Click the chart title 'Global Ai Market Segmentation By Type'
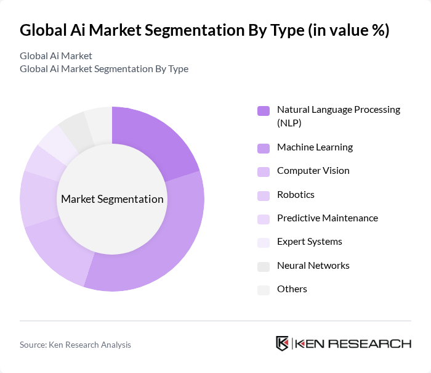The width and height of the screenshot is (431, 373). [x=204, y=30]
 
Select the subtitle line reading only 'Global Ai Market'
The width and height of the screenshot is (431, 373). [x=56, y=56]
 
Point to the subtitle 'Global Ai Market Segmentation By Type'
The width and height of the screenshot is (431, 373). [x=104, y=68]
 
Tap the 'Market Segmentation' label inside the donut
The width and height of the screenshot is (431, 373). [x=112, y=199]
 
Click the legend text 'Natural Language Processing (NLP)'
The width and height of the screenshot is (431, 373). [x=338, y=116]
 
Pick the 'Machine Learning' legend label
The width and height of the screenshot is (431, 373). [x=315, y=147]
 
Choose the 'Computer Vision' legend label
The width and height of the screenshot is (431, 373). [x=313, y=171]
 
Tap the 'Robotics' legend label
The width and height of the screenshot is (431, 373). [x=296, y=195]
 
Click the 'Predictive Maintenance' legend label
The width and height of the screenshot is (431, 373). [x=328, y=218]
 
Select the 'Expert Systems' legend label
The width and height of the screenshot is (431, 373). [x=309, y=242]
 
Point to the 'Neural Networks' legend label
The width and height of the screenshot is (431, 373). [x=313, y=266]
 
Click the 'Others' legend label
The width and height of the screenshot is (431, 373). [x=292, y=289]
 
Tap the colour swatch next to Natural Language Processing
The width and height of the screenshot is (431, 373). [x=263, y=111]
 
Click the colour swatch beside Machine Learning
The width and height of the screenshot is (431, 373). [x=263, y=148]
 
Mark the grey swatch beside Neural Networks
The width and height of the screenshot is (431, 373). [x=263, y=266]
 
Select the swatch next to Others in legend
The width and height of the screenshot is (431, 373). [x=263, y=290]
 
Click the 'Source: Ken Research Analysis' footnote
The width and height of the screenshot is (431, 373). [x=75, y=345]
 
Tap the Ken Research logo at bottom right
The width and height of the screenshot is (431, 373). [x=344, y=344]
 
